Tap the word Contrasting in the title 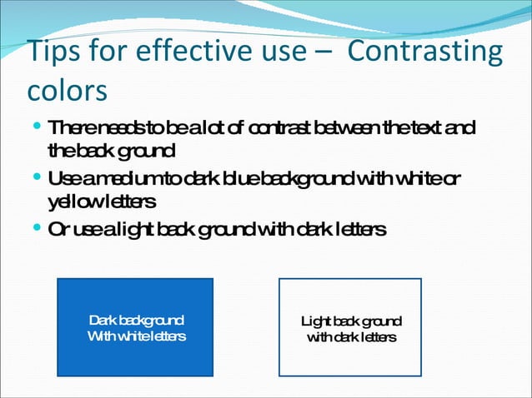424,52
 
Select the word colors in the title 67,90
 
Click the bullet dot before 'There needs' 39,127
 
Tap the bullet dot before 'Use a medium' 39,178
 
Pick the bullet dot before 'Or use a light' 39,228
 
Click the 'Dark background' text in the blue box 137,321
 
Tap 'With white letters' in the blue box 137,336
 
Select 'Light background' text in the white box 351,321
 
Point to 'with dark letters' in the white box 351,336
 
